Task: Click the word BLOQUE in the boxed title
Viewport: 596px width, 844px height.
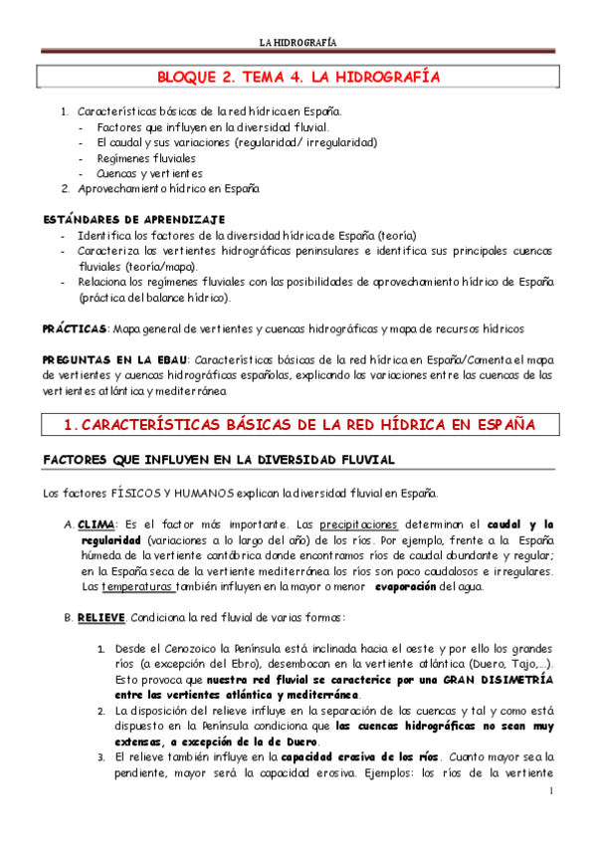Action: click(x=189, y=77)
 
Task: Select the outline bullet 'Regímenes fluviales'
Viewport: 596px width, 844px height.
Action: click(x=146, y=158)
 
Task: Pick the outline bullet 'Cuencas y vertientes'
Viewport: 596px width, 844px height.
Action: click(x=149, y=173)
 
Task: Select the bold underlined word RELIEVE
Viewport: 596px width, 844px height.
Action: click(x=101, y=617)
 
